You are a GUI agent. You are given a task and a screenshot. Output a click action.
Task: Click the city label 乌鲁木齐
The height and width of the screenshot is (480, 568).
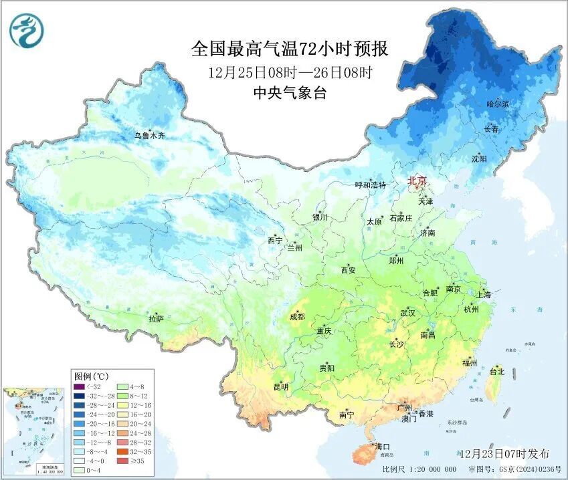[x=149, y=136]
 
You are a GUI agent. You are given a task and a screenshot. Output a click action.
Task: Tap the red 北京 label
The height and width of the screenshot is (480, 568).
[x=417, y=181]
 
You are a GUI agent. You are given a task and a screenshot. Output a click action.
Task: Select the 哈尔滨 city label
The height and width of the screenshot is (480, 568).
[x=497, y=104]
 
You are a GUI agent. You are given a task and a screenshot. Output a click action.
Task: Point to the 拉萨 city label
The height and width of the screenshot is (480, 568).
[x=157, y=319]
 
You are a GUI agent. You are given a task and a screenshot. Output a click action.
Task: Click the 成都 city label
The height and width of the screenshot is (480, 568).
[x=296, y=316]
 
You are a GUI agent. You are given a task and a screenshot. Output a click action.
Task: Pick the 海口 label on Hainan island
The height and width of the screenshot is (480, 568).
[x=382, y=446]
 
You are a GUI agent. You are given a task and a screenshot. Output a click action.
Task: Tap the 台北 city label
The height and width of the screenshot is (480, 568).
[x=496, y=371]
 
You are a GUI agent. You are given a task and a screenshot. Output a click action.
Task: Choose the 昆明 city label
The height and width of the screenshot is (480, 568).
[x=281, y=386]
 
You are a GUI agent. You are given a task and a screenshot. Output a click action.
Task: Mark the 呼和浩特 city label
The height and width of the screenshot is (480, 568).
[x=370, y=185]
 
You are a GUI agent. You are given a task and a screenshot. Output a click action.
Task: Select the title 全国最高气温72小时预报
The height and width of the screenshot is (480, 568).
[x=290, y=49]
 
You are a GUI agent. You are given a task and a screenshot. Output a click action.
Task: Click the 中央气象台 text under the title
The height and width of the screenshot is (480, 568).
[x=290, y=94]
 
